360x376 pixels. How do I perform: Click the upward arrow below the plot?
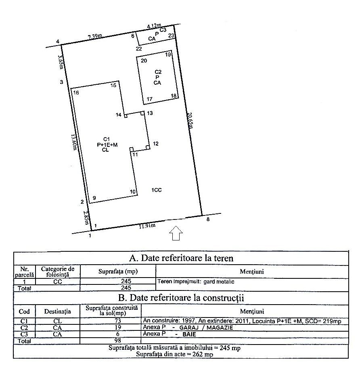(176, 233)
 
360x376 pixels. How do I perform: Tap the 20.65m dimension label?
(189, 120)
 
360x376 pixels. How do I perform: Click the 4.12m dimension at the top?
(153, 26)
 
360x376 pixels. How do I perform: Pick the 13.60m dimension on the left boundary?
(74, 142)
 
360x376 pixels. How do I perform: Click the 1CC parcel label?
(157, 190)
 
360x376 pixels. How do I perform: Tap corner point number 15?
(113, 85)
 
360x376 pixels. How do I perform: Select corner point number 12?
(156, 144)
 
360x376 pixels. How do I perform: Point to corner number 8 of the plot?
(208, 219)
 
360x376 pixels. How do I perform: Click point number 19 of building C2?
(168, 54)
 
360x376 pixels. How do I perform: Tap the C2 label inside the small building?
(158, 72)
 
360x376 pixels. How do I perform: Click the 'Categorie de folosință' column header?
(58, 271)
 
